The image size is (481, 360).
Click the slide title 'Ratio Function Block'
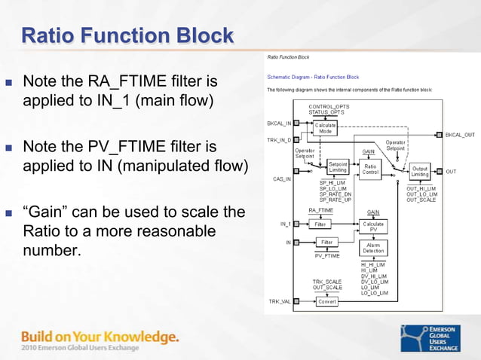(x=127, y=35)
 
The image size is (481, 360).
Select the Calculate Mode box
(x=326, y=128)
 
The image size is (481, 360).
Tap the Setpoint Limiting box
(x=338, y=167)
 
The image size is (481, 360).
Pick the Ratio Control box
(x=370, y=169)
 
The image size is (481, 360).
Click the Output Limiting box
(x=419, y=172)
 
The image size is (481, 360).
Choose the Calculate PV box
(x=373, y=227)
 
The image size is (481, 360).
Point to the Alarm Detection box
(x=373, y=248)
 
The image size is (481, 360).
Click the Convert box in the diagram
(x=326, y=301)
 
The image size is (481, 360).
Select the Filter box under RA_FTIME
(x=320, y=224)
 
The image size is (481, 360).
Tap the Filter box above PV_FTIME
(x=326, y=242)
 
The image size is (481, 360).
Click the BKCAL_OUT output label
(x=460, y=135)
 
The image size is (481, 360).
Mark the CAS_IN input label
(x=281, y=179)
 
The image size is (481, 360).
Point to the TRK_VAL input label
(x=279, y=301)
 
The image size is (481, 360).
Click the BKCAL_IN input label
(x=279, y=122)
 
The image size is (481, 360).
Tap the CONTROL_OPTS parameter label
(x=329, y=107)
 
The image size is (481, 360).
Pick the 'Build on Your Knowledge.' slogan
(x=100, y=336)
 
